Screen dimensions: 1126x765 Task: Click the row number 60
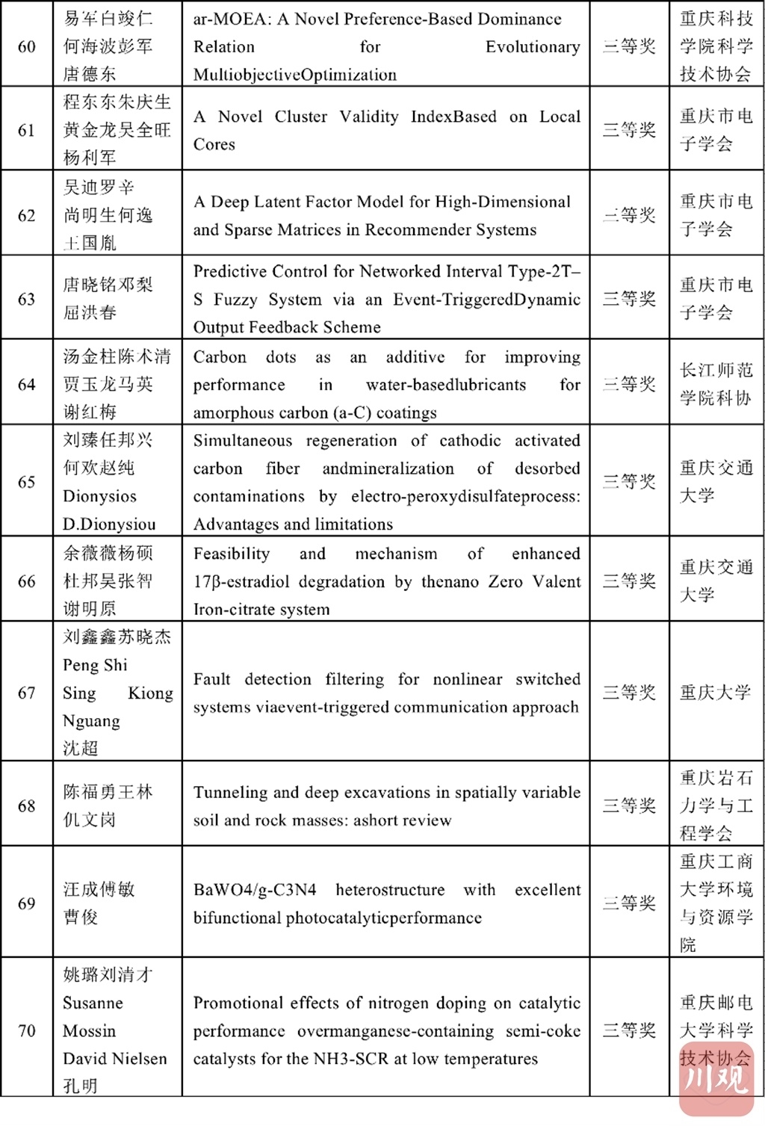26,46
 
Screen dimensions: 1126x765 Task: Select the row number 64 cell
26,384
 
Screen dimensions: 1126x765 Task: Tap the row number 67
26,693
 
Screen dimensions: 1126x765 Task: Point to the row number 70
26,1030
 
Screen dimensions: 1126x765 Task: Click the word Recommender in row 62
403,229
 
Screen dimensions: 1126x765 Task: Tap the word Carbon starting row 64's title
220,357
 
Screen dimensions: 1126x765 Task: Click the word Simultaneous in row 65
243,441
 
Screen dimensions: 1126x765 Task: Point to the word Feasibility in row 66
232,554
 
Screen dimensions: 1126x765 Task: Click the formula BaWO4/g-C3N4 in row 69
255,890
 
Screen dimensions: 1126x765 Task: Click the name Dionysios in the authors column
99,496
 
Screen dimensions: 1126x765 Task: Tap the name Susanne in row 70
93,1003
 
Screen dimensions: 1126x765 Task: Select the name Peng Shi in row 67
95,665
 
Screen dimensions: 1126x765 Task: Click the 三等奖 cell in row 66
629,581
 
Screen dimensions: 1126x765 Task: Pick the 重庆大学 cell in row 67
715,693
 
